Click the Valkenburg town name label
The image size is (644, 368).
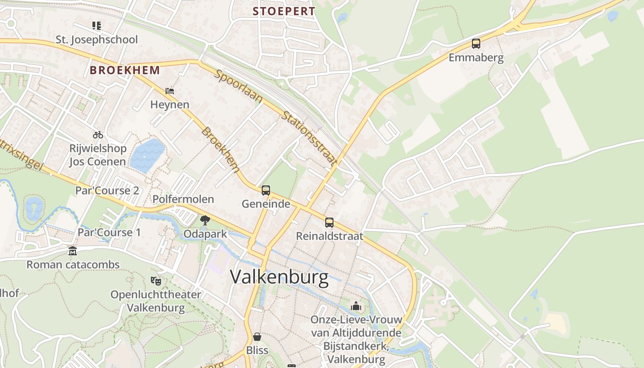click(279, 277)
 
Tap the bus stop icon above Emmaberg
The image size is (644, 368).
click(476, 44)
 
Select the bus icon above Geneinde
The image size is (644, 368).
click(266, 190)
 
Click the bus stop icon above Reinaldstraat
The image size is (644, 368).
click(329, 223)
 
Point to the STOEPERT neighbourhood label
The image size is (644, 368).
click(284, 11)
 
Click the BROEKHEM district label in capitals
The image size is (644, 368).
click(125, 70)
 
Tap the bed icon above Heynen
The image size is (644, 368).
click(170, 91)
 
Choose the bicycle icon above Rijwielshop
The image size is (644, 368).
click(98, 135)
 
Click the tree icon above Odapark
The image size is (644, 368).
click(205, 220)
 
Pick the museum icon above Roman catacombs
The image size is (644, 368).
click(73, 251)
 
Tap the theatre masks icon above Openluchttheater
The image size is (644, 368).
click(156, 281)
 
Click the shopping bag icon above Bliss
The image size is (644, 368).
click(257, 337)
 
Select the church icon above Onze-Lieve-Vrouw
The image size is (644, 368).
click(356, 306)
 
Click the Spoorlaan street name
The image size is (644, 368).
click(238, 86)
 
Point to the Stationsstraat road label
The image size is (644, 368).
click(309, 138)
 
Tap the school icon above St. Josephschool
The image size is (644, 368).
click(96, 25)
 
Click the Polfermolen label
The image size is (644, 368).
click(183, 199)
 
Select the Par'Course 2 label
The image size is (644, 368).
click(107, 190)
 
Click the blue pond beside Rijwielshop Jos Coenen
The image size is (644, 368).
click(147, 155)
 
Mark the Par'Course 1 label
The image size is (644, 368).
click(109, 232)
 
